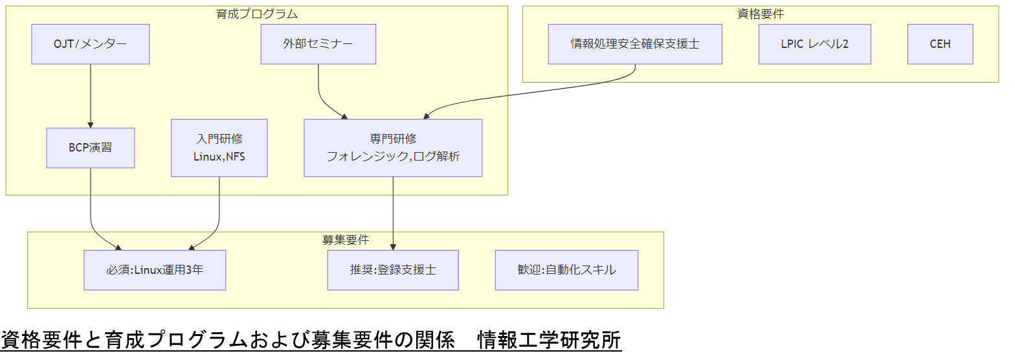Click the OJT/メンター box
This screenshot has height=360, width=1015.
click(91, 44)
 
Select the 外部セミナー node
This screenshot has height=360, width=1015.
click(318, 44)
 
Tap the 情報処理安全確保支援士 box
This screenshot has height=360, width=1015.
click(634, 44)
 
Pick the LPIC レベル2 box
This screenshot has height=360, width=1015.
click(814, 44)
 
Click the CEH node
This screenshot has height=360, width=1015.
click(940, 44)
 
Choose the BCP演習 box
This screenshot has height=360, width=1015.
click(91, 148)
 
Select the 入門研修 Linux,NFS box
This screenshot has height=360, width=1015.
click(219, 148)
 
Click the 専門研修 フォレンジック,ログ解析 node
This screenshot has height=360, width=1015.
click(393, 148)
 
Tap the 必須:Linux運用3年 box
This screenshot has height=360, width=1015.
click(155, 269)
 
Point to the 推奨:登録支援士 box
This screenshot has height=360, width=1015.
click(393, 269)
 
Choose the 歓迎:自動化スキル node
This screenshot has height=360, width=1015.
click(566, 269)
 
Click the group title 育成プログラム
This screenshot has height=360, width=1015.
click(256, 14)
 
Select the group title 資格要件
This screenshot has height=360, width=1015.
click(761, 14)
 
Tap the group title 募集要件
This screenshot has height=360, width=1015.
click(346, 240)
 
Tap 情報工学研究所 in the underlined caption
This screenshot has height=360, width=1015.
click(549, 340)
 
